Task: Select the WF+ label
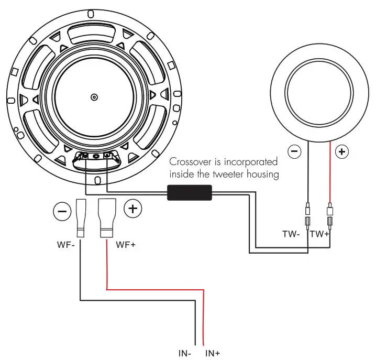point(126,244)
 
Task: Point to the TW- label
point(291,234)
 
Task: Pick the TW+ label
point(319,234)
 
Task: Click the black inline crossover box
point(189,193)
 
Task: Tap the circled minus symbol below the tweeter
point(295,152)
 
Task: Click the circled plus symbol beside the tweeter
point(342,152)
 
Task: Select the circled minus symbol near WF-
point(62,212)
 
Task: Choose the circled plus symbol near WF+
point(132,209)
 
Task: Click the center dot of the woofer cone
point(94,97)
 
